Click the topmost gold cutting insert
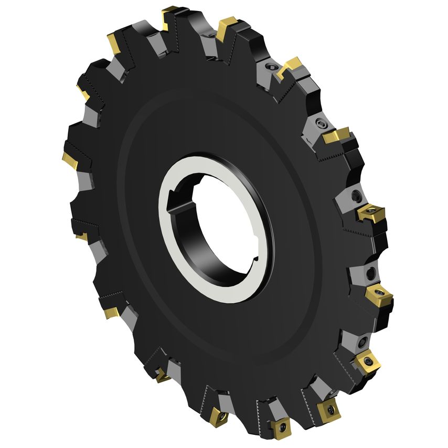tap(172, 13)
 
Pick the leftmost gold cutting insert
tap(70, 159)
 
